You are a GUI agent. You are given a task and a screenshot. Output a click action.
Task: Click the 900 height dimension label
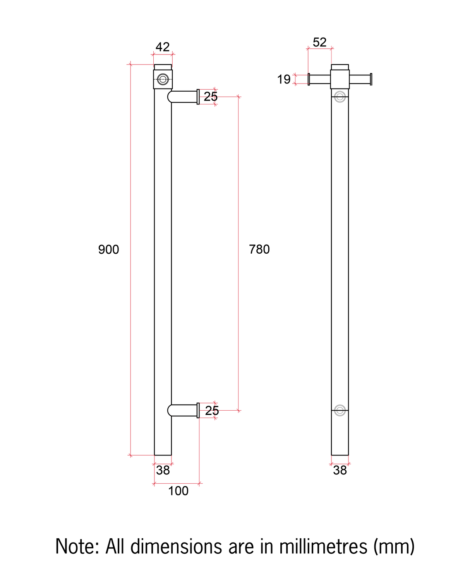pos(108,250)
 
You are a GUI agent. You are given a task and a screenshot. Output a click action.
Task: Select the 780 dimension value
pos(259,249)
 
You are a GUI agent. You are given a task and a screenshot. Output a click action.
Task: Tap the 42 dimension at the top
pos(163,47)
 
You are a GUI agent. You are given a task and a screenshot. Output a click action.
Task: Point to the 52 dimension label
pos(320,42)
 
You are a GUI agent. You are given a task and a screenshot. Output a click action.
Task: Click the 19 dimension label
pos(284,79)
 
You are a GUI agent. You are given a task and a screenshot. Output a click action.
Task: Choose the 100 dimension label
pos(178,491)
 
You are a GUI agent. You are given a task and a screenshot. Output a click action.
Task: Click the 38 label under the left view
pos(163,471)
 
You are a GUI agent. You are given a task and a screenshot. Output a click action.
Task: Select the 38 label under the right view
pos(340,471)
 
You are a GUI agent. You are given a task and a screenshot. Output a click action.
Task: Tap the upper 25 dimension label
pos(211,97)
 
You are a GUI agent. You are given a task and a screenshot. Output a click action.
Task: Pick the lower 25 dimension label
pos(212,411)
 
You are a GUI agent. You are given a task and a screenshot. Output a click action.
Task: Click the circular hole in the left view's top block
pos(163,80)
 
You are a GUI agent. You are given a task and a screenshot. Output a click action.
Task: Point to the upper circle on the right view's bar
pos(340,97)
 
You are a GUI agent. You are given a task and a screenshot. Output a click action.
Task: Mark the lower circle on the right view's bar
pos(340,410)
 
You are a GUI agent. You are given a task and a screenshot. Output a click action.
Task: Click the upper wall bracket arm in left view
pos(183,97)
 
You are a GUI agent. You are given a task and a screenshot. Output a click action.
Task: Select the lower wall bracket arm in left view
pos(183,410)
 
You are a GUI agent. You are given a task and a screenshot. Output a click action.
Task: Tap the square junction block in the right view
pos(340,79)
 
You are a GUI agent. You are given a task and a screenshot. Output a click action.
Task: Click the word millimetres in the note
pos(323,547)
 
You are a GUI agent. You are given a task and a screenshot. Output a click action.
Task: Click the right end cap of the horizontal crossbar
pos(371,79)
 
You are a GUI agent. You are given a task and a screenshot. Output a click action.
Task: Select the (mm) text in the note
pos(394,547)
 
